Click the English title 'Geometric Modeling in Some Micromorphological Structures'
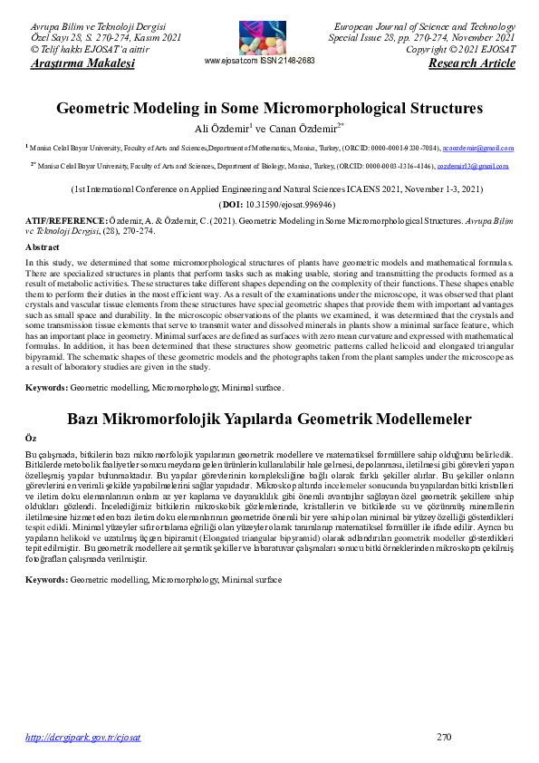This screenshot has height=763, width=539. click(x=269, y=109)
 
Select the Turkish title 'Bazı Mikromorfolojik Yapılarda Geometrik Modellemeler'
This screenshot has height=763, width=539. click(x=269, y=419)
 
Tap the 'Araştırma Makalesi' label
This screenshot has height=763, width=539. click(x=82, y=63)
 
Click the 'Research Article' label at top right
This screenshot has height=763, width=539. click(x=471, y=63)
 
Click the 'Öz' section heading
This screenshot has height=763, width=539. click(x=30, y=438)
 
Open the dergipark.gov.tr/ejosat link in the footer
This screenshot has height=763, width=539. click(x=83, y=738)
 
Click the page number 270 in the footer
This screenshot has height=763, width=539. click(x=444, y=737)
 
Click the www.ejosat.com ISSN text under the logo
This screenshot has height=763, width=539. click(x=260, y=60)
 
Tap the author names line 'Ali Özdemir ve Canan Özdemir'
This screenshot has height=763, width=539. click(x=269, y=128)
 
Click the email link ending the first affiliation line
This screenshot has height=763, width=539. click(x=484, y=147)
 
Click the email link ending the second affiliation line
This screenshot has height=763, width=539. click(x=478, y=167)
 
